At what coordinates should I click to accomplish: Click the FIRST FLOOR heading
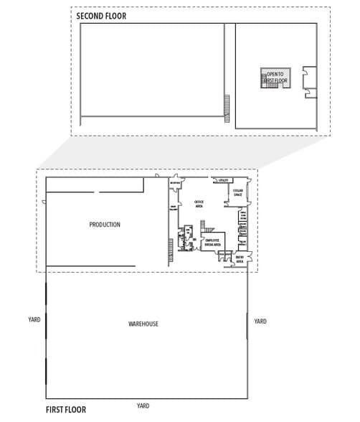pos(66,410)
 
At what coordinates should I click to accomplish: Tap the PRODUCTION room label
pos(105,225)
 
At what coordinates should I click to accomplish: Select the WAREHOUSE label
pos(143,324)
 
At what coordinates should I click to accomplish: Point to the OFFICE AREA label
pos(199,203)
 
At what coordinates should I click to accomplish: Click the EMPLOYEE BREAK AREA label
pos(212,243)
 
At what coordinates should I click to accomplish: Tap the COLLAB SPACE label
pos(238,192)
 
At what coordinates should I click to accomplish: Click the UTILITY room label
pos(223,180)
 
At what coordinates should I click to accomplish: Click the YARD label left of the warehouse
pos(34,319)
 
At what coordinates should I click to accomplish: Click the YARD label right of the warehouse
pos(260,321)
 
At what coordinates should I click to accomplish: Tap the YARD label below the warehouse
pos(143,406)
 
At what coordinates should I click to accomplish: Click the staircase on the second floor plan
pos(227,108)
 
